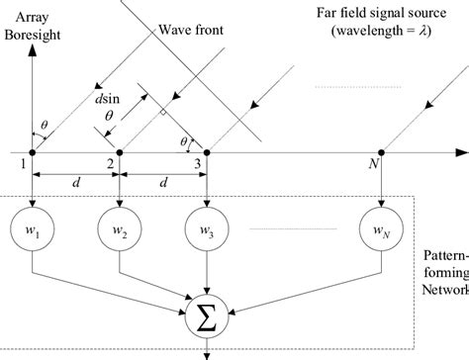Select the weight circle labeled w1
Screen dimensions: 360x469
point(34,232)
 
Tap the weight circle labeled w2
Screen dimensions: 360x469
point(120,232)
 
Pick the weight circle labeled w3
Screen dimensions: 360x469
point(206,232)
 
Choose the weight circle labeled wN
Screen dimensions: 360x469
point(381,232)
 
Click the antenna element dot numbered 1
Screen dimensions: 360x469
point(34,152)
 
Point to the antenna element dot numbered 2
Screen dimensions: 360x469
point(120,152)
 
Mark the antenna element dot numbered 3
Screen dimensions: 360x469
point(206,152)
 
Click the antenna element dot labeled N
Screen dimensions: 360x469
point(381,152)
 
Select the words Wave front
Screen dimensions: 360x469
point(191,31)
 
